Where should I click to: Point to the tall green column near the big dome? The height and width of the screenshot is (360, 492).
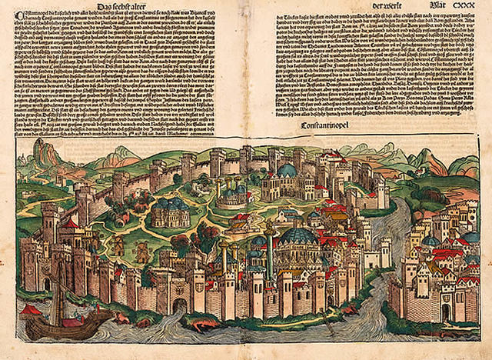coord(270,254)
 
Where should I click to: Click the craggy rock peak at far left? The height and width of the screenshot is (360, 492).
coord(44,154)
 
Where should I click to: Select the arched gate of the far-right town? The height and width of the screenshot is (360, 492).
coord(446,312)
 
